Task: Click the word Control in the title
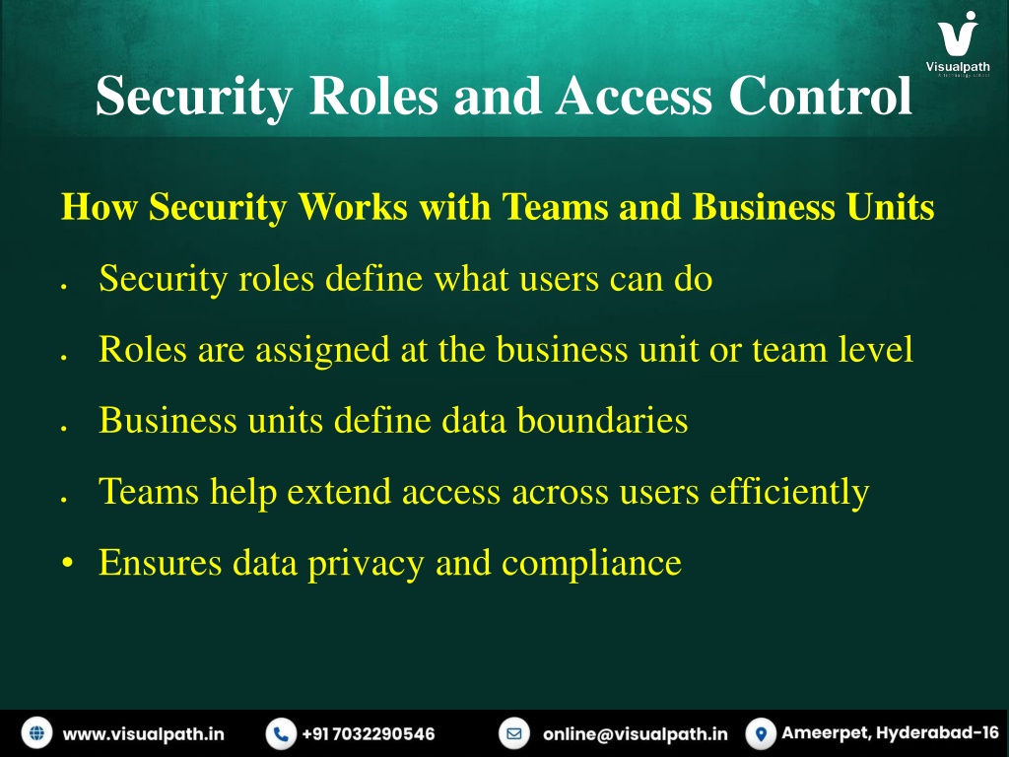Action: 821,96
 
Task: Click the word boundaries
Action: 602,420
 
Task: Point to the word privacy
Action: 366,563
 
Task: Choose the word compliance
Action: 591,563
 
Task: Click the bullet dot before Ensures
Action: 68,563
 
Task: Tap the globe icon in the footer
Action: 36,733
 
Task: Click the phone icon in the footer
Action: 281,733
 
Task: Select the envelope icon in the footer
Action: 514,733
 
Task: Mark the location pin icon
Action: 761,733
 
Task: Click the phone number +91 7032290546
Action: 369,733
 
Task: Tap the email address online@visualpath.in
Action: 636,733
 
